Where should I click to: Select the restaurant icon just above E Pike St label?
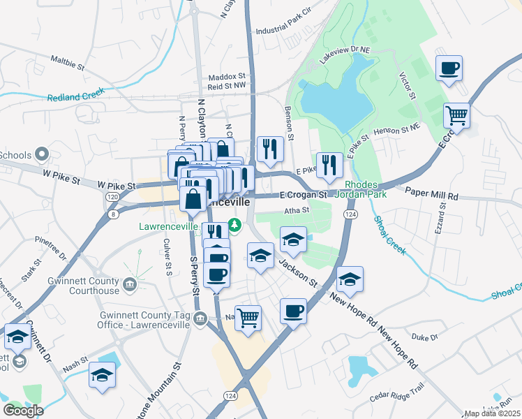coord(330,165)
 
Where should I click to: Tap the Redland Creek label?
coord(75,95)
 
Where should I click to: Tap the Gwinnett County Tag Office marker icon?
coord(200,319)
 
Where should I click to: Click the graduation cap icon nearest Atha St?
coord(294,239)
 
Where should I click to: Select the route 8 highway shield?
coord(114,214)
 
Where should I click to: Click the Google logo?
coord(23,411)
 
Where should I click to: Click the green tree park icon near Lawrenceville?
coord(235,225)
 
